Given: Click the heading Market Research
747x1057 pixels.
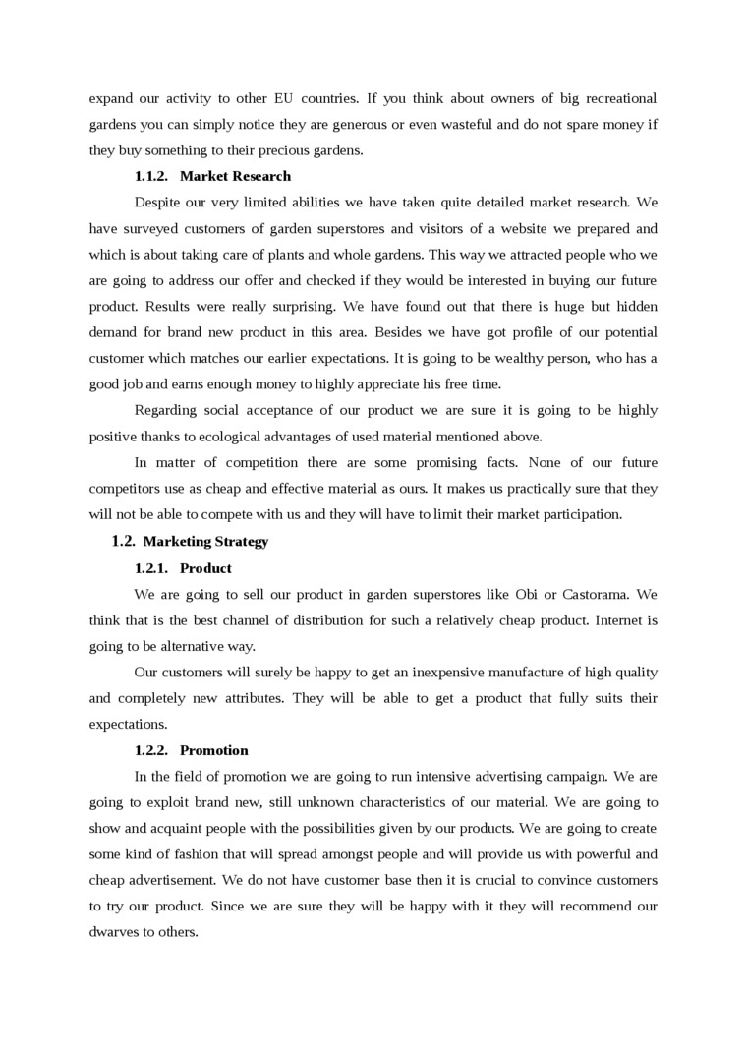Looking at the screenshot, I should point(235,176).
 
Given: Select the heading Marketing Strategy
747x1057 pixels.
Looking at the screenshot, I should point(205,541).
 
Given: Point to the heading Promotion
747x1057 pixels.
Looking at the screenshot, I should point(214,750).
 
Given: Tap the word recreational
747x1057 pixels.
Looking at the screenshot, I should point(615,98).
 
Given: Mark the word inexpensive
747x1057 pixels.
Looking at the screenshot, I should point(452,673).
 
